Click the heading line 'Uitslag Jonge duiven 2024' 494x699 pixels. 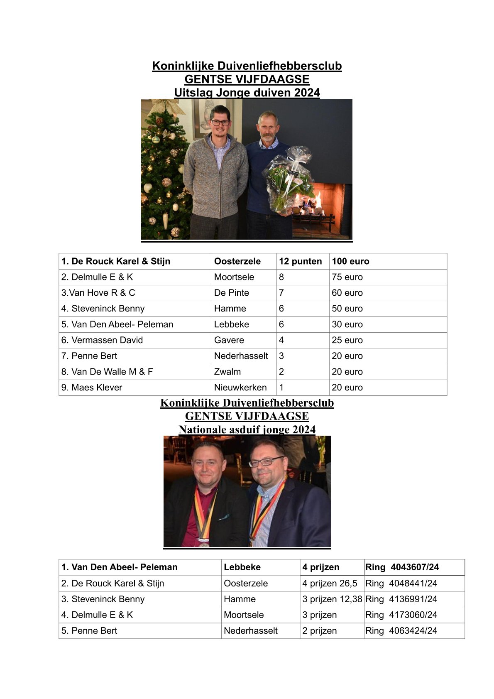(247, 92)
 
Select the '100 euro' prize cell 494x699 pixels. (350, 261)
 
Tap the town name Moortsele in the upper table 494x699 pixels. (234, 277)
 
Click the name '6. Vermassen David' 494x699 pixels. (102, 340)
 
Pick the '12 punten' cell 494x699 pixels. (301, 261)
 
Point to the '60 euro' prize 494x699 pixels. (347, 293)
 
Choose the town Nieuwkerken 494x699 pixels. (240, 388)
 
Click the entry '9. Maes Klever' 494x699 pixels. (92, 388)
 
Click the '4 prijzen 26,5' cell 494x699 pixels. (330, 584)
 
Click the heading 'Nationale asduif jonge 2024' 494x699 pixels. (247, 429)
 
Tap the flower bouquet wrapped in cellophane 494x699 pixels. (288, 179)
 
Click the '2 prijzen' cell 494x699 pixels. (319, 631)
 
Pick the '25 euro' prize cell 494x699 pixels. (347, 340)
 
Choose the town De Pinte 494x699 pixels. (232, 293)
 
